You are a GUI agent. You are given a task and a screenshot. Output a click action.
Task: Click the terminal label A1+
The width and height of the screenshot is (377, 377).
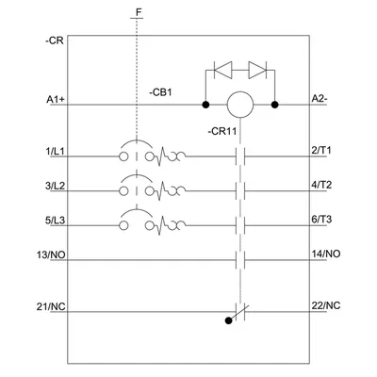[56, 100]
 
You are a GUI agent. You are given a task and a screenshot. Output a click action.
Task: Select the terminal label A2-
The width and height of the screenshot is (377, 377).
[320, 98]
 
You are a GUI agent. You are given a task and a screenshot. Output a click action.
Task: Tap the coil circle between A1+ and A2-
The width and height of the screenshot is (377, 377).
[240, 105]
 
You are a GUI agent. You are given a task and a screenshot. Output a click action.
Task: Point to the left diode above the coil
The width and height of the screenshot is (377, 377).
[222, 70]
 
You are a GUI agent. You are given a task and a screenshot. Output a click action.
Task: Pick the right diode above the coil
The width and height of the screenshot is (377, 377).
[257, 70]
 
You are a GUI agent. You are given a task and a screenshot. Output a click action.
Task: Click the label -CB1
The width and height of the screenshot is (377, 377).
[160, 93]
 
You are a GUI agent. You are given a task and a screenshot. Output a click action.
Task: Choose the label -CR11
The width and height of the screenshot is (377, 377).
[221, 131]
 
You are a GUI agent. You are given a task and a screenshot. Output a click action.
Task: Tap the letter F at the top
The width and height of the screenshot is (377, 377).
[139, 12]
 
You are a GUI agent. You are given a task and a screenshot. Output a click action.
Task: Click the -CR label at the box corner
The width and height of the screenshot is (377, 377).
[55, 41]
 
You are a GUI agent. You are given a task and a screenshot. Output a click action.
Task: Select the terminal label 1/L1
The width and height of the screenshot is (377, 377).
[56, 152]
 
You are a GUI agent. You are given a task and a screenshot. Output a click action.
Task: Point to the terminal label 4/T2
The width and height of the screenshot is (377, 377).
[321, 185]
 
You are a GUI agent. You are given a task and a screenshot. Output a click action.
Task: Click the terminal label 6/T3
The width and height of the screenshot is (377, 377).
[321, 220]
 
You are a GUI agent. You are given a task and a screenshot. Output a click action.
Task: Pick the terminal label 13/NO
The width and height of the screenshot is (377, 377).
[51, 254]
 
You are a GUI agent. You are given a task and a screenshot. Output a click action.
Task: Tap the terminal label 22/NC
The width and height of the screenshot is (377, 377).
[326, 305]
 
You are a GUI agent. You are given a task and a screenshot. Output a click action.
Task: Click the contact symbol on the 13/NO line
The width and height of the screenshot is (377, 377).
[240, 260]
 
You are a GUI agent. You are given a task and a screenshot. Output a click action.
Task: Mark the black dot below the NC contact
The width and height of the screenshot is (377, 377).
[229, 320]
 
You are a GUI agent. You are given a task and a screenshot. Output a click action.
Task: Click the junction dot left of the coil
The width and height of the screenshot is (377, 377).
[205, 105]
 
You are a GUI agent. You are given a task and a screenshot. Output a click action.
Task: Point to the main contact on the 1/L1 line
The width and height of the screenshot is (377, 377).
[240, 156]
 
